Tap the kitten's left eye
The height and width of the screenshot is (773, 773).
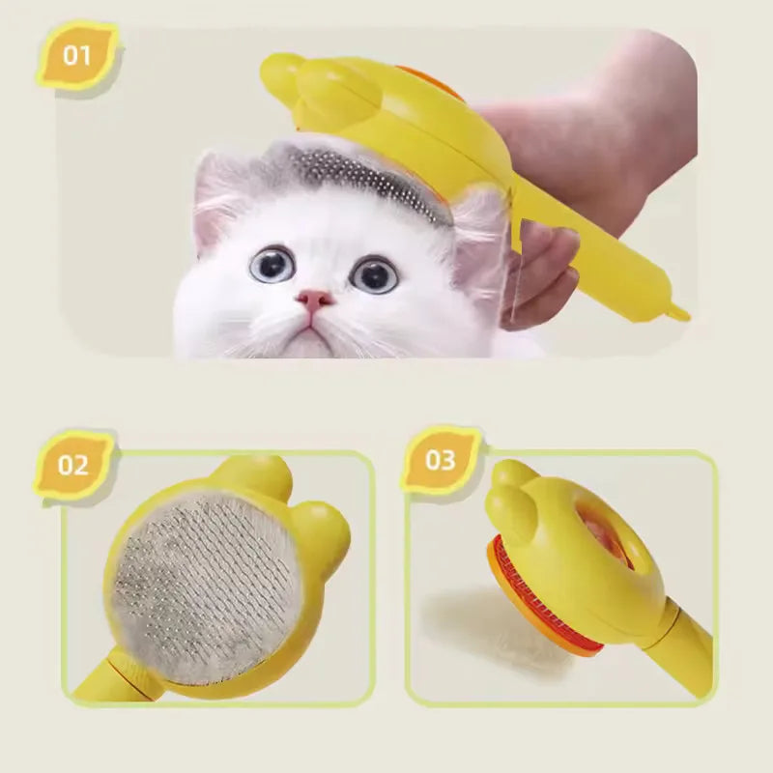point(272,264)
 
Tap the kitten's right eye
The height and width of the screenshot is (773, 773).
point(374,274)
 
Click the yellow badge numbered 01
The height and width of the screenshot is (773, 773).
point(76,54)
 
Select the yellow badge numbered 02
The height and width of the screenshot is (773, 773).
point(73,465)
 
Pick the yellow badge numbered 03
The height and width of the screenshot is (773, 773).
point(440,460)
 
